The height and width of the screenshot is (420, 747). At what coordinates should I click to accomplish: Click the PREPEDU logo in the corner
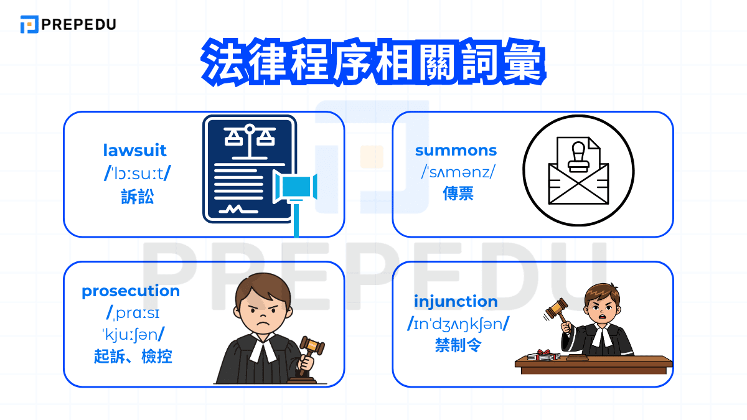68,24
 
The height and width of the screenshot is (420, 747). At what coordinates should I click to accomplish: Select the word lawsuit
135,150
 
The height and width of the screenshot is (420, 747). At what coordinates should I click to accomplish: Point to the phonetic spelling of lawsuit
137,174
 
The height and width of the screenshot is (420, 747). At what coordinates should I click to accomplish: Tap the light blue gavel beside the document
296,187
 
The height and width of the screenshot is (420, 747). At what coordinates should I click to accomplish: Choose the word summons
456,150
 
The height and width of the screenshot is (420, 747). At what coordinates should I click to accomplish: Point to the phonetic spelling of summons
457,172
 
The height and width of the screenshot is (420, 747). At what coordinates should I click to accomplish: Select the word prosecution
131,291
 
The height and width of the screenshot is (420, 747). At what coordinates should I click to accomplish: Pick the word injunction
456,301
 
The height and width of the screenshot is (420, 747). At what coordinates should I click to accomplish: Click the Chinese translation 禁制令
458,345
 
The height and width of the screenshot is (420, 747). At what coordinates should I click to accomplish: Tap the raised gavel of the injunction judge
555,308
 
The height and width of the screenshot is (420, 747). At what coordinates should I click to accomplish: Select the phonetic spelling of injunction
458,324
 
